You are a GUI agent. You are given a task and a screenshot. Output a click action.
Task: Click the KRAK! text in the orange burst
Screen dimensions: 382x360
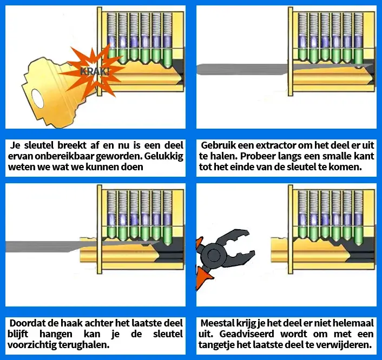click(95, 71)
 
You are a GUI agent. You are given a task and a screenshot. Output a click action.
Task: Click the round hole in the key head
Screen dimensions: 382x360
click(38, 99)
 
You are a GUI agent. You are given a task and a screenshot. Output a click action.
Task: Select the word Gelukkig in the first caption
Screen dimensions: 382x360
click(163, 157)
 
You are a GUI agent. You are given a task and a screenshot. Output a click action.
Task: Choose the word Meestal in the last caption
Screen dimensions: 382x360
click(218, 323)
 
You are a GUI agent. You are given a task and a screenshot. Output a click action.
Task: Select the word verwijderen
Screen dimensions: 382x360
click(351, 345)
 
